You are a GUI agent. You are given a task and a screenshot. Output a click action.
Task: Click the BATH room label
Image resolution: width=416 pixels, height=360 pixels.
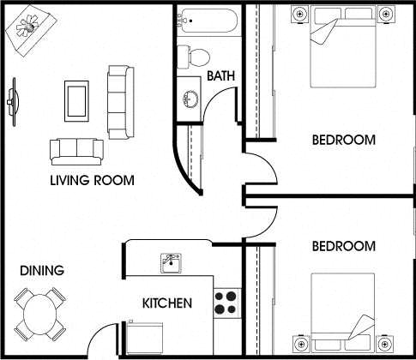222,77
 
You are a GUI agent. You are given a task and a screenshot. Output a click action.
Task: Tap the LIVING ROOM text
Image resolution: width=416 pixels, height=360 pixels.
93,180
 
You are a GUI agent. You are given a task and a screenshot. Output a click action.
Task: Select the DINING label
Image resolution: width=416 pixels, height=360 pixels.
42,271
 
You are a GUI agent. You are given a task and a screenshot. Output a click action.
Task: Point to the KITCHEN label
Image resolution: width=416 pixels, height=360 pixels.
166,303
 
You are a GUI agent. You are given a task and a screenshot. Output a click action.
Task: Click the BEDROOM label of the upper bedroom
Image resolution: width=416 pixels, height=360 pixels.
343,140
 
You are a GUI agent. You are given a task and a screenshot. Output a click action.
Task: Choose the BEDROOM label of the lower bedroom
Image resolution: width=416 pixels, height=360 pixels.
343,246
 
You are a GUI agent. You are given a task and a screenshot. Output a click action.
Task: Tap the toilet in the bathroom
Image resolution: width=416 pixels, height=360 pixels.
195,57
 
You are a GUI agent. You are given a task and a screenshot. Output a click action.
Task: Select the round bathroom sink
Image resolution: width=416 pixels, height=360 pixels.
189,97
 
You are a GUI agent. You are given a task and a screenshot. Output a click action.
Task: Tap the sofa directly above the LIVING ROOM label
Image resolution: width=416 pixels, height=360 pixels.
74,151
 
